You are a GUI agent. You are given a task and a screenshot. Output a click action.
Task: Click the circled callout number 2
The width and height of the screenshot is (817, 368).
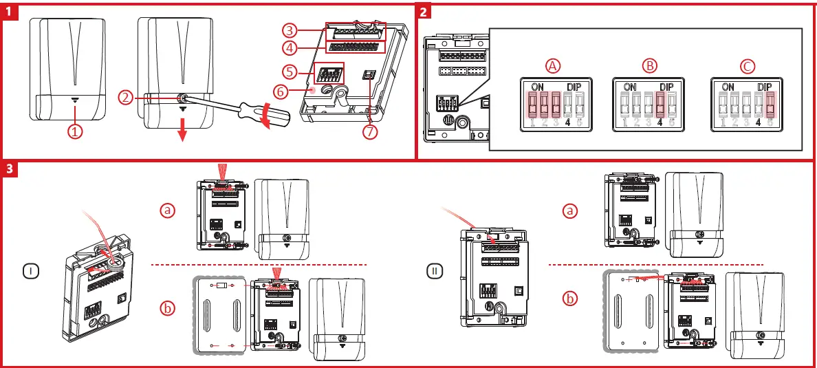point(125,98)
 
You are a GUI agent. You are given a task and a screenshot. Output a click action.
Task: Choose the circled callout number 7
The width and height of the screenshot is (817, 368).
point(370,133)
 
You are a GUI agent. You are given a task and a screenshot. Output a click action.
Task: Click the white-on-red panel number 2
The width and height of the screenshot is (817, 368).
point(424,11)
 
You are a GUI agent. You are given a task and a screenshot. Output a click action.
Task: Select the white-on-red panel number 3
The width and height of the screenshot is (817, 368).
point(9,169)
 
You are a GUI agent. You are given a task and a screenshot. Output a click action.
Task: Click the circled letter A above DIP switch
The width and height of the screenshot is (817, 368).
point(553,66)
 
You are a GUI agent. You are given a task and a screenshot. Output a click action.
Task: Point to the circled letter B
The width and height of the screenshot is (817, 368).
point(649,66)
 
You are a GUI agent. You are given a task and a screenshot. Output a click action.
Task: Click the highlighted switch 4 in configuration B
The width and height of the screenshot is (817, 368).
point(660,105)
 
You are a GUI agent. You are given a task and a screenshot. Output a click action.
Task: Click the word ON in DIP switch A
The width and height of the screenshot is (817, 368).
point(538,87)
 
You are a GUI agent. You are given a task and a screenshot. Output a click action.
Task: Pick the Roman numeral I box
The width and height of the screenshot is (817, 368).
point(32,272)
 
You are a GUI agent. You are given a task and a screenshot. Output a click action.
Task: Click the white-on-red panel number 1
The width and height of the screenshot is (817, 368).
point(9,11)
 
